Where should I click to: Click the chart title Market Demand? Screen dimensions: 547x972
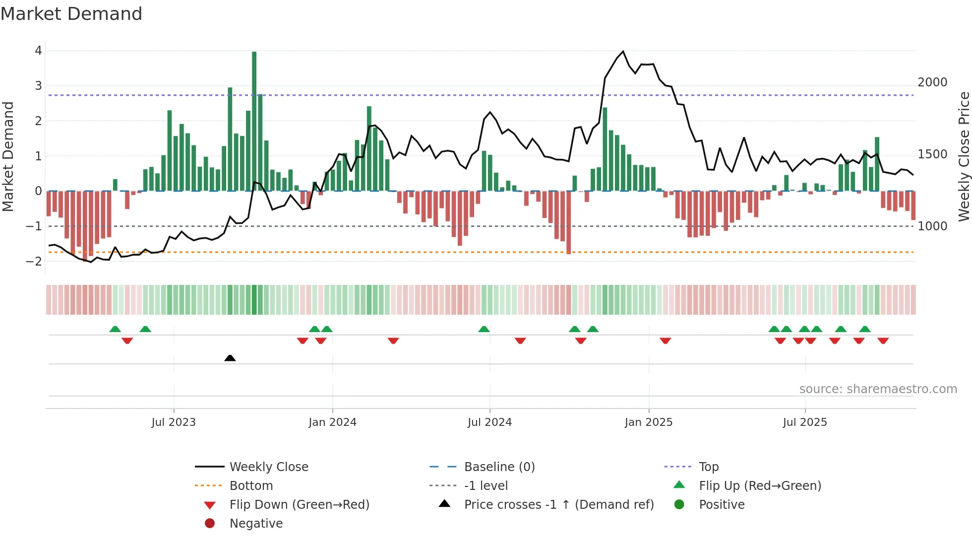(71, 14)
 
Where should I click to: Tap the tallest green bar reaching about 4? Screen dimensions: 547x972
(254, 119)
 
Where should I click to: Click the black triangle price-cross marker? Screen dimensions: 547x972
(230, 358)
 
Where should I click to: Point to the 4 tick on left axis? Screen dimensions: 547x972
(38, 51)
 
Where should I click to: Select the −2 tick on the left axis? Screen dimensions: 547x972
(35, 262)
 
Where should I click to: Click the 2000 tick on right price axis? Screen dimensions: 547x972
(932, 82)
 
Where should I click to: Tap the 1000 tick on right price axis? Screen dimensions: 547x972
(932, 226)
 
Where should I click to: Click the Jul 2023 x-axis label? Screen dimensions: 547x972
(174, 422)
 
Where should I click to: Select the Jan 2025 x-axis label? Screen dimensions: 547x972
(648, 422)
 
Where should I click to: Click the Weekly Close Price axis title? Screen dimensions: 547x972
(964, 156)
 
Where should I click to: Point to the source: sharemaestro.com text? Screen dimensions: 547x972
(878, 389)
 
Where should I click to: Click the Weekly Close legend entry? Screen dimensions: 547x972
(269, 467)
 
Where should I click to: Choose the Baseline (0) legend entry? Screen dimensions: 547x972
(499, 467)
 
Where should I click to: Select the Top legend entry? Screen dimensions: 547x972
(708, 467)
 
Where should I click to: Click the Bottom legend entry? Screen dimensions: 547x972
(251, 486)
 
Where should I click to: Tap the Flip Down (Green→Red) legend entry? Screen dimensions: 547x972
(299, 505)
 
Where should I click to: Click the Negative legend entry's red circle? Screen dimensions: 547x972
(210, 524)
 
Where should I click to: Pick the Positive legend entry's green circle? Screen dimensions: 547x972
(679, 505)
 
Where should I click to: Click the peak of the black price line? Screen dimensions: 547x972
(623, 52)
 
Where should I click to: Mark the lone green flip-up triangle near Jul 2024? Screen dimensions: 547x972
(484, 329)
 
